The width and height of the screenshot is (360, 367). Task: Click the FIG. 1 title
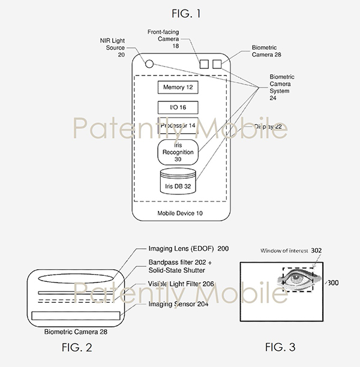(179, 10)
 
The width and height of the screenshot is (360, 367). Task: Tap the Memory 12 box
(178, 88)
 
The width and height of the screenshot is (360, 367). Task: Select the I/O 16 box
(178, 107)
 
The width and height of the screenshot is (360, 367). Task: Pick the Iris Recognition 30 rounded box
(178, 153)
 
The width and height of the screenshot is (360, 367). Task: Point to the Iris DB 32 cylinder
(178, 183)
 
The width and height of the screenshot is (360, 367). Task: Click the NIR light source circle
(148, 64)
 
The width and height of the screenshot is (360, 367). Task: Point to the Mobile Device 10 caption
(178, 213)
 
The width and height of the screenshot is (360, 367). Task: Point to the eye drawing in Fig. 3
(295, 279)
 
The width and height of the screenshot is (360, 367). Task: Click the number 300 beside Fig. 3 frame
(332, 282)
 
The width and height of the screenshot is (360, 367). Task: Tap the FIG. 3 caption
(281, 347)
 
